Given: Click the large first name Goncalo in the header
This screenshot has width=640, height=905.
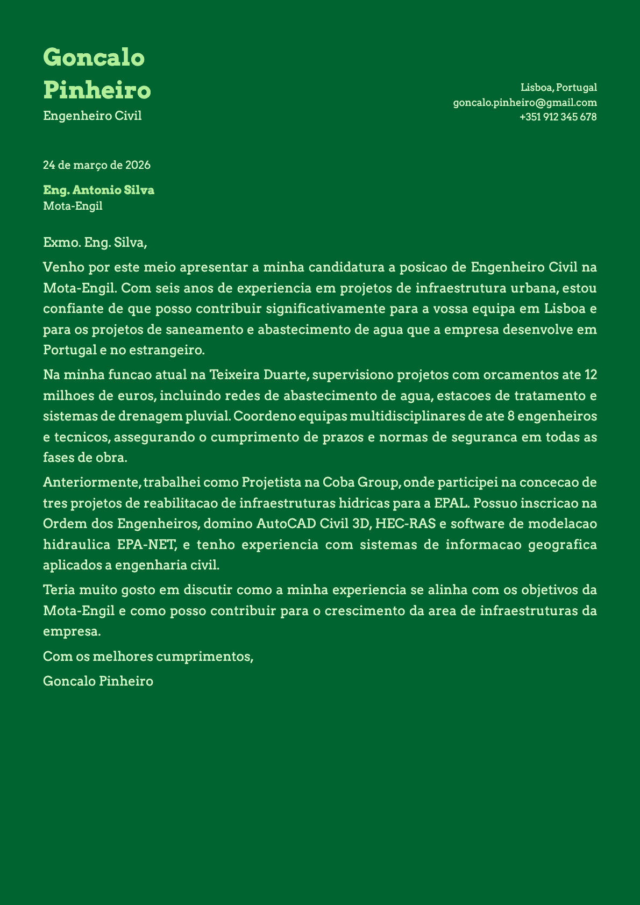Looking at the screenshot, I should tap(94, 57).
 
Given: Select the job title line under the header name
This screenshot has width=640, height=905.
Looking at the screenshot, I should tap(92, 116).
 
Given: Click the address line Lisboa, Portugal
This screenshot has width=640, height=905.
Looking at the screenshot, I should tap(559, 87).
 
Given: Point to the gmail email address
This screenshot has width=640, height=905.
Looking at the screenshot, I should tap(525, 102).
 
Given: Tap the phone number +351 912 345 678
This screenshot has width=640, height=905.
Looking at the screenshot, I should tap(558, 117).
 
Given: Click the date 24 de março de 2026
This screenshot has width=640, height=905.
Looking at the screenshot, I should tap(97, 165).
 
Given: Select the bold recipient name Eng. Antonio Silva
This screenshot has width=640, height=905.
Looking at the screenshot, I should tap(98, 190).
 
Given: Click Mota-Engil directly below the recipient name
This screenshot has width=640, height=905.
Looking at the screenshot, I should tap(73, 205).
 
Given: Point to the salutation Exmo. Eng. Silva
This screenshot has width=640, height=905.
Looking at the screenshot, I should tap(95, 243).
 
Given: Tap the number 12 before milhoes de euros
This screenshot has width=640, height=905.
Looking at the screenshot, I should tap(590, 374).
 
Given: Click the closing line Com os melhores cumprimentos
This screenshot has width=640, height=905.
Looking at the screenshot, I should tap(148, 657).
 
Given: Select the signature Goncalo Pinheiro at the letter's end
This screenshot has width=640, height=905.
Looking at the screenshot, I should tap(98, 681).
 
